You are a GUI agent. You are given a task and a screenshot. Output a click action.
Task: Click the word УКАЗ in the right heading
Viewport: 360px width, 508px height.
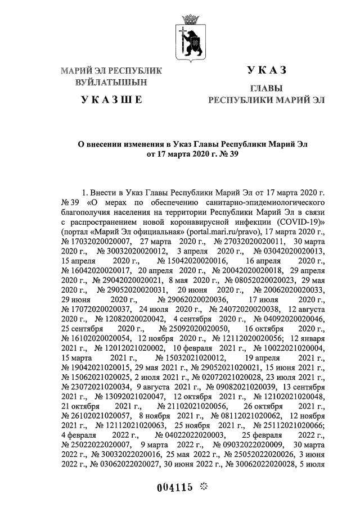(267, 71)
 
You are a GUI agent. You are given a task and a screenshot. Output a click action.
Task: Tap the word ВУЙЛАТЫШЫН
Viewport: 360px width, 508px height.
(111, 83)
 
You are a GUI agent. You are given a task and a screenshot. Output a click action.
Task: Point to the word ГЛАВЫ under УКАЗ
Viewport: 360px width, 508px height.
(267, 89)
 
